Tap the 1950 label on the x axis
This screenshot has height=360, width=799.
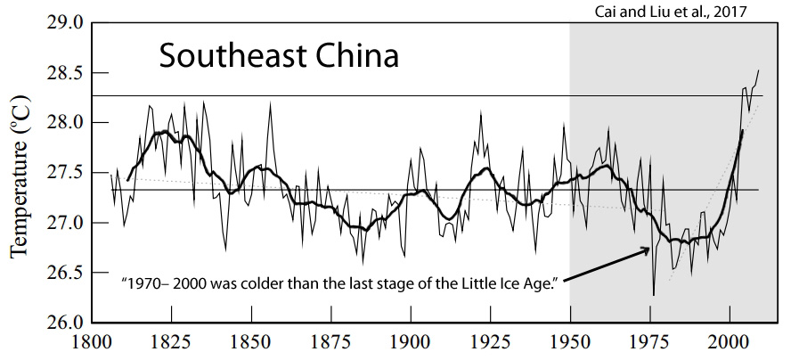[x=570, y=341]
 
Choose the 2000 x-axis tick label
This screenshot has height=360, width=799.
[x=730, y=341]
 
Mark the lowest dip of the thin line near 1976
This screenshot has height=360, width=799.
[x=654, y=295]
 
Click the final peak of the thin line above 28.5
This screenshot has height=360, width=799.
[x=759, y=70]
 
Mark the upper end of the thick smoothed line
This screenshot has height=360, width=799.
[x=742, y=131]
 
